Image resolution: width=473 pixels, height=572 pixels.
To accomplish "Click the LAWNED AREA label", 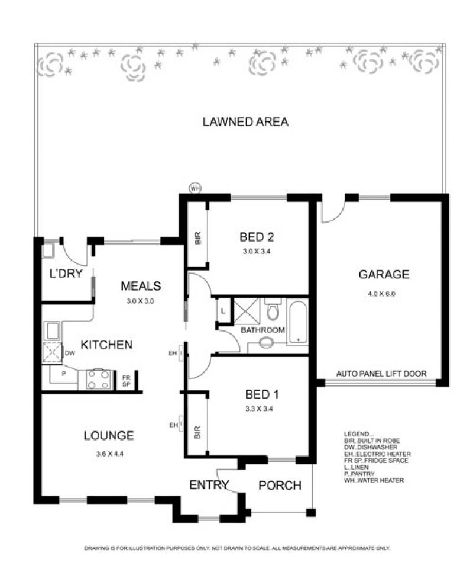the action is (245, 122).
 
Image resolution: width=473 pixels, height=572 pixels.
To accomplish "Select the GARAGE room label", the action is (384, 274).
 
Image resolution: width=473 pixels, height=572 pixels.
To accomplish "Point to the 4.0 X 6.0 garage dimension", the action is (381, 294).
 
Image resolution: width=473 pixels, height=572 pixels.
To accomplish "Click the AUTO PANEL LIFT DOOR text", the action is (381, 374).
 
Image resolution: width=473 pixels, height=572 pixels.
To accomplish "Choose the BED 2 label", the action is (257, 237).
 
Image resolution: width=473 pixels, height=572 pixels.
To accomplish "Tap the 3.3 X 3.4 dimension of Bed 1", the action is (259, 409).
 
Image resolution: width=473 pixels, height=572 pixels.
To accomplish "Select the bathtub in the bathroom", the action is (298, 323).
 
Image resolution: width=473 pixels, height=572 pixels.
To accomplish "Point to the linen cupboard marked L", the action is (223, 311).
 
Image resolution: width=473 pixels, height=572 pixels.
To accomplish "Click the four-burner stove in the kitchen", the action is (99, 380).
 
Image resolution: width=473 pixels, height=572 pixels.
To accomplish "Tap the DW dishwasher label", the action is (70, 353).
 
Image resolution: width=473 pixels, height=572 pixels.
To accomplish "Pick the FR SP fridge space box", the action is (126, 381).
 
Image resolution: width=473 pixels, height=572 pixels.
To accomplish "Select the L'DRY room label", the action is (66, 273).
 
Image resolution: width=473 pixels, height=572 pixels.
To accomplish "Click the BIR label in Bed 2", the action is (197, 238).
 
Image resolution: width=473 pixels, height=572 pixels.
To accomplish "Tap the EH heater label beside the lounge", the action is (174, 425).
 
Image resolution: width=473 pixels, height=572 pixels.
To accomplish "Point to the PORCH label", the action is (280, 486).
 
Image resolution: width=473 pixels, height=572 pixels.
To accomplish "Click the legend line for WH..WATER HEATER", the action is (374, 481).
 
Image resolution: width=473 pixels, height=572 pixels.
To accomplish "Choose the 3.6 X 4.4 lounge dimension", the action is (109, 454).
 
